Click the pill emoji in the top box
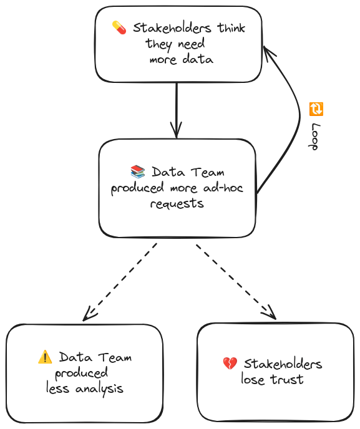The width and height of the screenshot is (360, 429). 119,27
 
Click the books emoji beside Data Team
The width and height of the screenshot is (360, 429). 137,171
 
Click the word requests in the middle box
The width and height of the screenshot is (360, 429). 177,204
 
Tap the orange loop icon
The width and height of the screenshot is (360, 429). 316,109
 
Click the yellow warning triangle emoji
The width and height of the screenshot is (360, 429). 45,357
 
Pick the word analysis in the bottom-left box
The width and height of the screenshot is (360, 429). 99,388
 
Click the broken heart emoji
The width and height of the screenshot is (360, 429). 230,363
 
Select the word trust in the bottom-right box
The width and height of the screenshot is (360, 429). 288,379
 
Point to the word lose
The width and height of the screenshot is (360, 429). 254,379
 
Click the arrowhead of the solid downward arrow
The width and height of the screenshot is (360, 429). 177,132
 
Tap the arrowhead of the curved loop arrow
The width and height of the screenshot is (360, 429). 266,50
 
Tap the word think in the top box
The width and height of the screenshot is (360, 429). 231,28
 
